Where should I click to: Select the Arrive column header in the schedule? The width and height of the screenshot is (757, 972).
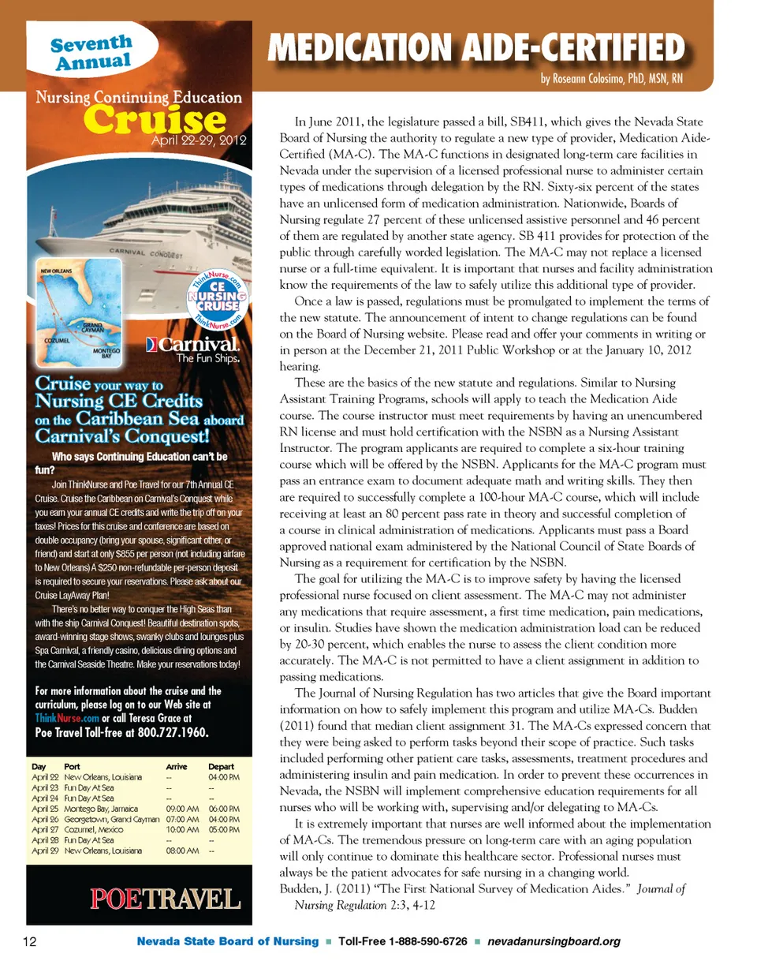[x=177, y=766]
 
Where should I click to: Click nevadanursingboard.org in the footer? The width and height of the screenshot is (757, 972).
[x=554, y=942]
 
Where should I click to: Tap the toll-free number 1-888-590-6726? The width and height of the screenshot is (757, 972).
[x=429, y=942]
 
